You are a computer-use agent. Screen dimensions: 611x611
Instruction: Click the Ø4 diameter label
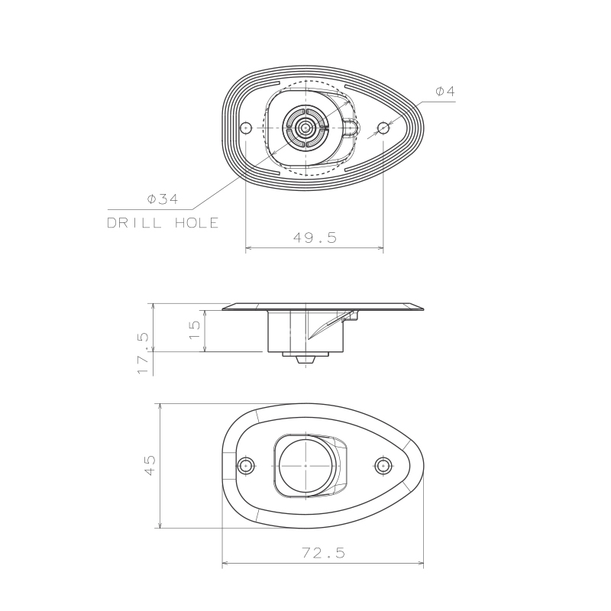445,91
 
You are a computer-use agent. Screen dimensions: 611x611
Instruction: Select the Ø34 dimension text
163,199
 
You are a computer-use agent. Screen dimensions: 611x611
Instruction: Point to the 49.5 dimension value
315,237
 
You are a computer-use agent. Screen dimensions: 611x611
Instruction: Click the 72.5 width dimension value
322,553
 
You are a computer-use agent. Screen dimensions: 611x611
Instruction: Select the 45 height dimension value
150,465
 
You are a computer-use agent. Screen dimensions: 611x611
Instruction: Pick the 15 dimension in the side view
196,329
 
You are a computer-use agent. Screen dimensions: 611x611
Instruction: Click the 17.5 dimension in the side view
144,352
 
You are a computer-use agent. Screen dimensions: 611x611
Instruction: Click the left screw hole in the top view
246,128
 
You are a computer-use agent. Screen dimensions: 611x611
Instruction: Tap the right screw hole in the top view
383,128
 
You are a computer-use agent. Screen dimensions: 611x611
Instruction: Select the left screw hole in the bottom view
245,465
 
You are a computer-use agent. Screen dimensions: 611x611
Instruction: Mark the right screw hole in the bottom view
383,465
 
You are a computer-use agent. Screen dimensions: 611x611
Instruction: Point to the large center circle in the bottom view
305,465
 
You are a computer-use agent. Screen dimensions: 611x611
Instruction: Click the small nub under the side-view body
305,356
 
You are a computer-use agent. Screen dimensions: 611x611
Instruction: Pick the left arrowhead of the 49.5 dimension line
248,247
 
